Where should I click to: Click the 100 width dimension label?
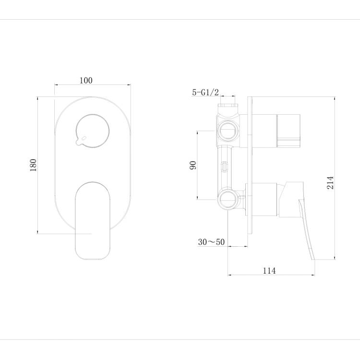(x=86, y=81)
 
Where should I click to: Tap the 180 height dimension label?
(x=33, y=165)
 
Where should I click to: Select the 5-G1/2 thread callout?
(x=205, y=92)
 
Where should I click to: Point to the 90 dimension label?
(x=193, y=165)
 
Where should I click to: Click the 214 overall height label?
(x=330, y=182)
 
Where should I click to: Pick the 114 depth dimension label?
(x=269, y=271)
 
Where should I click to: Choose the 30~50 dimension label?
(x=211, y=242)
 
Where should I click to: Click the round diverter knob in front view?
(x=92, y=131)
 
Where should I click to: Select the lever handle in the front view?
(x=93, y=221)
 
